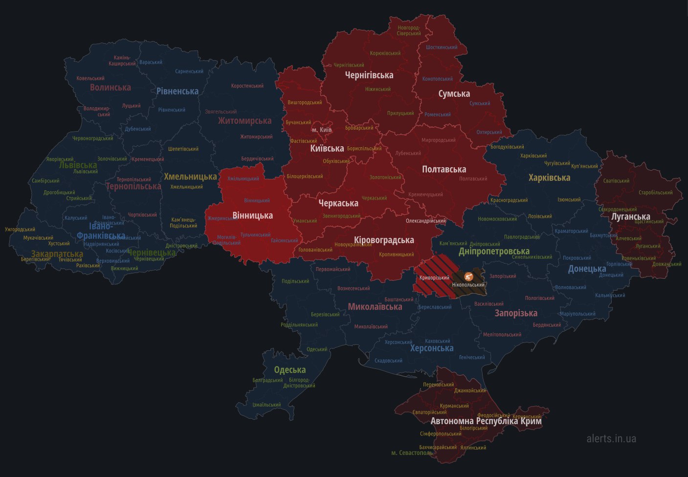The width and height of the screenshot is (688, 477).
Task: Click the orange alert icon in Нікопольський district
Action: pyautogui.click(x=468, y=276)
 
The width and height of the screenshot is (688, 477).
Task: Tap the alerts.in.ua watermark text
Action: pyautogui.click(x=611, y=438)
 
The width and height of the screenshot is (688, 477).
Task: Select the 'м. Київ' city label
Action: pyautogui.click(x=322, y=130)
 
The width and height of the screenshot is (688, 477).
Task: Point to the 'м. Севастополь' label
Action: pyautogui.click(x=412, y=453)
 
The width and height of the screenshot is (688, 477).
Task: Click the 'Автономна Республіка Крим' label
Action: pyautogui.click(x=486, y=421)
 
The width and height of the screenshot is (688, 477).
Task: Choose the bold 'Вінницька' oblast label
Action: pyautogui.click(x=252, y=215)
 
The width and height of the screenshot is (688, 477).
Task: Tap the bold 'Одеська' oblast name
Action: pyautogui.click(x=289, y=370)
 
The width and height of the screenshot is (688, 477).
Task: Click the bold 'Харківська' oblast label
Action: pyautogui.click(x=549, y=178)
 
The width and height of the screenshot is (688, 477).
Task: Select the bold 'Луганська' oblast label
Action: pyautogui.click(x=630, y=216)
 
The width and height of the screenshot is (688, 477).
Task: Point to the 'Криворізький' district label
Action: pyautogui.click(x=434, y=278)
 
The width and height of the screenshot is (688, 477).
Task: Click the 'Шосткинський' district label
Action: pyautogui.click(x=442, y=47)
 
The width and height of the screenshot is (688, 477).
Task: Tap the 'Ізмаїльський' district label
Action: pyautogui.click(x=266, y=405)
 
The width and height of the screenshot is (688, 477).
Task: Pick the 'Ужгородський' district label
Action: pyautogui.click(x=20, y=229)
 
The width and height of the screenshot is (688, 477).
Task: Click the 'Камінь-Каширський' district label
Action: pyautogui.click(x=122, y=61)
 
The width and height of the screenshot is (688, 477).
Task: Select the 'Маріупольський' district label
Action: pyautogui.click(x=577, y=314)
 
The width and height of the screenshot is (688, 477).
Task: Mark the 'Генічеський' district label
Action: pyautogui.click(x=472, y=357)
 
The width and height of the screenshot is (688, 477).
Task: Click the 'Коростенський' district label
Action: pyautogui.click(x=247, y=86)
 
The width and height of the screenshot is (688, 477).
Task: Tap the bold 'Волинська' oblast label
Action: pyautogui.click(x=110, y=88)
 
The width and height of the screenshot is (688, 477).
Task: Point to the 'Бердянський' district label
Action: pyautogui.click(x=547, y=325)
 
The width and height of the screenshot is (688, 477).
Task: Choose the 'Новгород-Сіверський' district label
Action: pyautogui.click(x=409, y=31)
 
